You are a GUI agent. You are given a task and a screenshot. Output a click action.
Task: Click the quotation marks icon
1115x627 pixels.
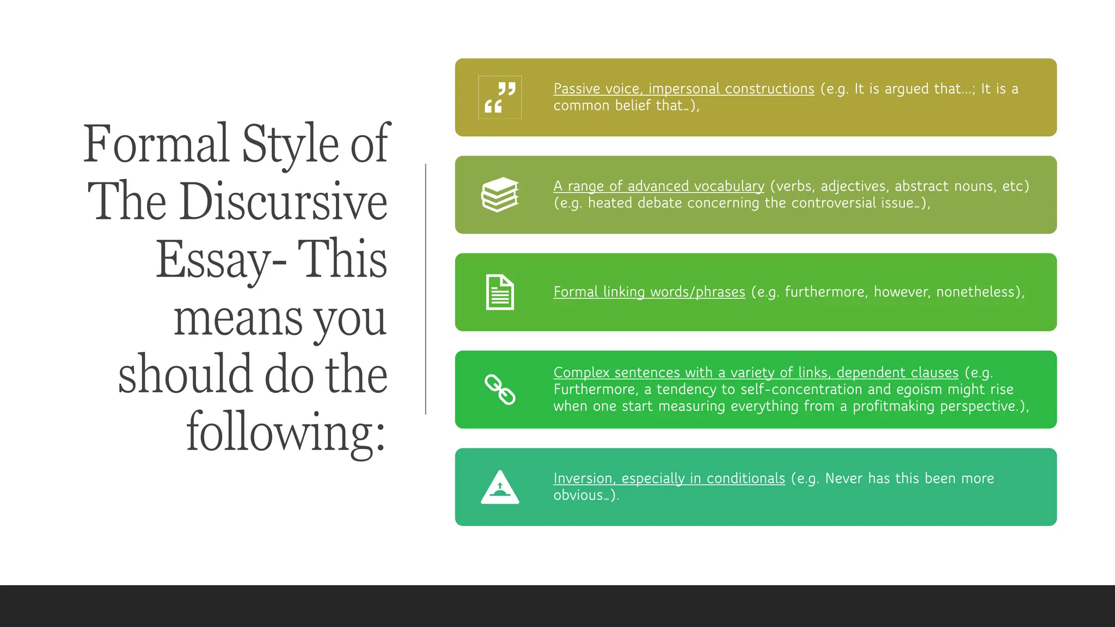click(x=500, y=97)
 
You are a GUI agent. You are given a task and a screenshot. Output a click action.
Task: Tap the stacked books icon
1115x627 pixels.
click(x=500, y=194)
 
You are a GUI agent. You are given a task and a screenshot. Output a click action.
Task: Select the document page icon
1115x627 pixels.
click(x=500, y=292)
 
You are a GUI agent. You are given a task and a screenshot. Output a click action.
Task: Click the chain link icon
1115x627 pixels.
click(x=500, y=390)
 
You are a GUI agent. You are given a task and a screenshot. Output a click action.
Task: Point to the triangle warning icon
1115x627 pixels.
click(x=500, y=487)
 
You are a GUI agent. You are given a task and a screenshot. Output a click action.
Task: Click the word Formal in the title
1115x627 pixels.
click(x=156, y=144)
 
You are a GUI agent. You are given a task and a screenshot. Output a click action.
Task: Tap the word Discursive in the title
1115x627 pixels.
click(x=283, y=202)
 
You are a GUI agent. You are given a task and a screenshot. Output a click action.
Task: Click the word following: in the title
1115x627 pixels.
click(x=286, y=433)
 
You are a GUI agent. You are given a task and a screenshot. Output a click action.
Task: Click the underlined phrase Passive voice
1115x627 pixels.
click(x=597, y=89)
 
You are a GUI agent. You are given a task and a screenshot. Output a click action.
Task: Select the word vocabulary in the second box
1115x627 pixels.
click(x=729, y=186)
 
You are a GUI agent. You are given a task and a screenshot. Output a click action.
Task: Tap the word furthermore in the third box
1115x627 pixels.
click(x=825, y=292)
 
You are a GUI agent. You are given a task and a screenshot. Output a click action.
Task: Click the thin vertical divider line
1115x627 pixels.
click(x=426, y=289)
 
